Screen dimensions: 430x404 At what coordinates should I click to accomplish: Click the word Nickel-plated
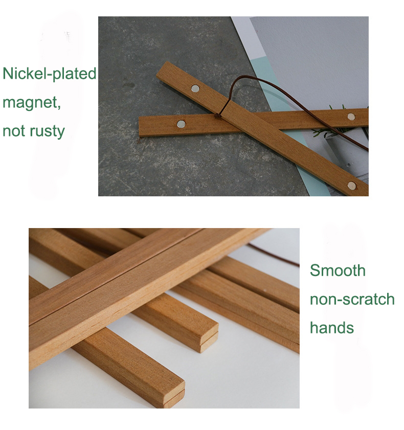49,74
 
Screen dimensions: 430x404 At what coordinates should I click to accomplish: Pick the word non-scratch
352,299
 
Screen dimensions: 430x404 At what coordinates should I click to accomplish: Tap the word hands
332,327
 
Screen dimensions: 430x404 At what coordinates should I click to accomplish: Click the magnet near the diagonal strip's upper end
195,88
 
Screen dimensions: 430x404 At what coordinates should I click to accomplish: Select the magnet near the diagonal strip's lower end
351,185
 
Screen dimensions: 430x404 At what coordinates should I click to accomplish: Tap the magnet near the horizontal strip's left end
181,124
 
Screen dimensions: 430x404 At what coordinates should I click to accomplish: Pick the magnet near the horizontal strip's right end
351,117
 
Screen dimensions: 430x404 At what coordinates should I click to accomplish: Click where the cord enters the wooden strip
220,116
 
